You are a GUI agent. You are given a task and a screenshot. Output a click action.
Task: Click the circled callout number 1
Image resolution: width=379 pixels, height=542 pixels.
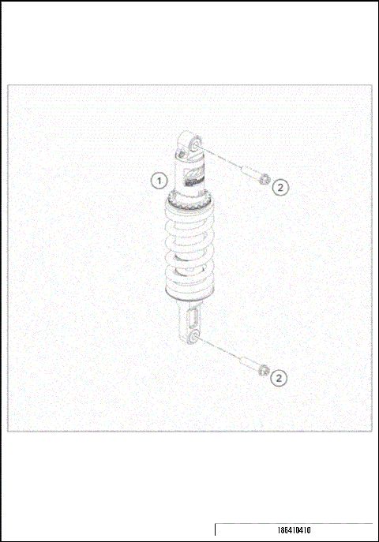[159, 180]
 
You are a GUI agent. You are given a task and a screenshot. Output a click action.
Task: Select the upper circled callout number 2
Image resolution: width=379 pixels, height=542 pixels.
[282, 187]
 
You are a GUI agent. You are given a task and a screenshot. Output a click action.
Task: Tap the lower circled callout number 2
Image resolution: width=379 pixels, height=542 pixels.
[279, 378]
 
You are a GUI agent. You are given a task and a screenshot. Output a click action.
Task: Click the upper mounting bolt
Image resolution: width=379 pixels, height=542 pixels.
[253, 174]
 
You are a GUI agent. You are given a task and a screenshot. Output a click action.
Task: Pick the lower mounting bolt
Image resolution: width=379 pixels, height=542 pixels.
[251, 364]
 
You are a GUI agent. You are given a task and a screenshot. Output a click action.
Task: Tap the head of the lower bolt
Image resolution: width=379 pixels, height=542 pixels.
[264, 370]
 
